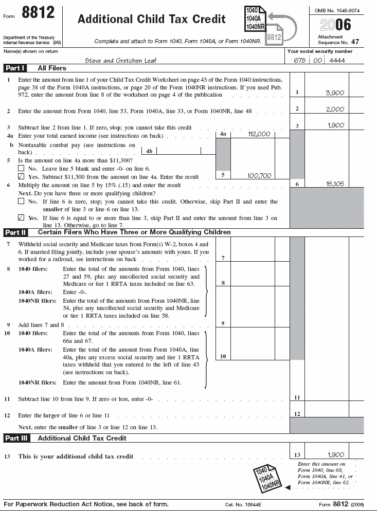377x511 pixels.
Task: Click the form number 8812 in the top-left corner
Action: tap(38, 12)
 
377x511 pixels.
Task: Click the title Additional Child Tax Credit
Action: tap(151, 20)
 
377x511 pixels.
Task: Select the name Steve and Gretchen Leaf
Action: tap(120, 60)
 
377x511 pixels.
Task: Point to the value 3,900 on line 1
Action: tap(335, 93)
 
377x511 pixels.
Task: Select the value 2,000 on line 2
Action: tap(335, 109)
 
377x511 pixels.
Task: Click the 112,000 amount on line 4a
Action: tap(259, 134)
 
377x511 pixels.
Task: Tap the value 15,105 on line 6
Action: tap(335, 184)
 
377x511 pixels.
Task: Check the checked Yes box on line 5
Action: tap(21, 176)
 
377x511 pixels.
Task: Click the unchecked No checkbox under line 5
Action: tap(21, 168)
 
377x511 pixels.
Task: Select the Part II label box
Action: tap(15, 232)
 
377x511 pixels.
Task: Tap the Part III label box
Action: tap(16, 439)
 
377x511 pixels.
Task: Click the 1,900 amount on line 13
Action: tap(335, 455)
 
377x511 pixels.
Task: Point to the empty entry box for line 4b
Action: tap(178, 151)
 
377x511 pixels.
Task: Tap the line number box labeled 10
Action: tap(223, 356)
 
